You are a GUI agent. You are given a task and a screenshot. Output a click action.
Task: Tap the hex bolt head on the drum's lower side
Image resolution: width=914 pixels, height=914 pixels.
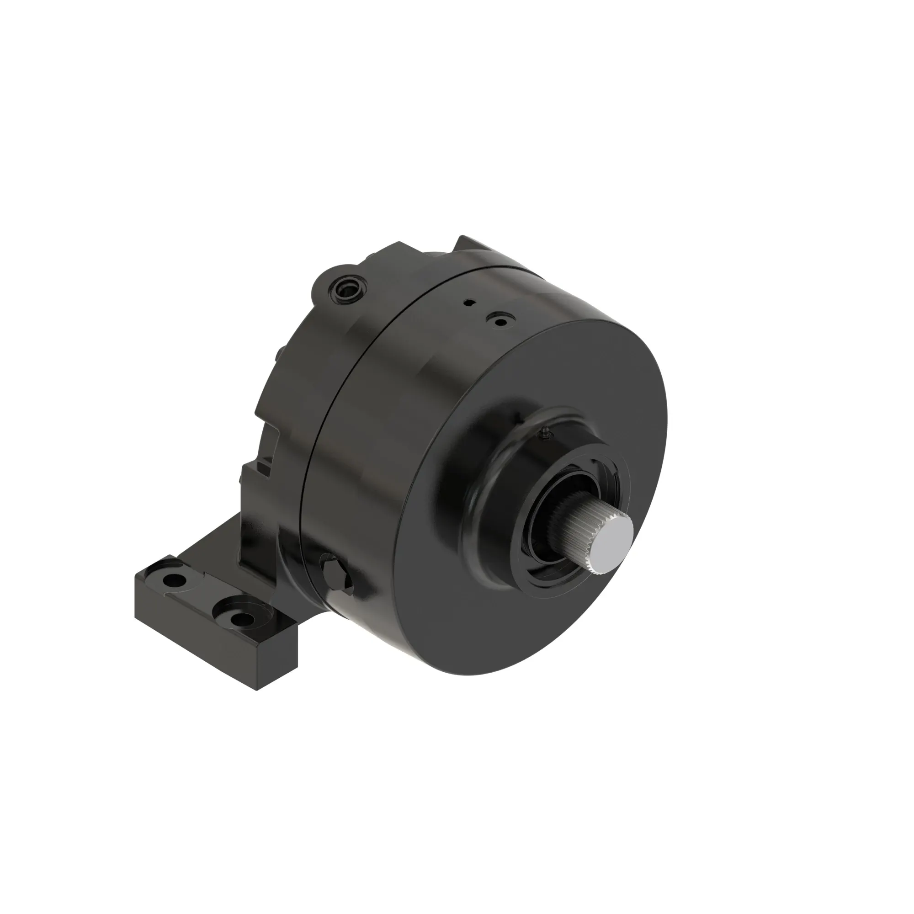(x=335, y=576)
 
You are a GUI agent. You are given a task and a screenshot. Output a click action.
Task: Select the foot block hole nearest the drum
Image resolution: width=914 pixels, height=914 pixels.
(x=241, y=618)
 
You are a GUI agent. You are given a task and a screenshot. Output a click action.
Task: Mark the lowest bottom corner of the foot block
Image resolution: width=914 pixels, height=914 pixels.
(x=257, y=689)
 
